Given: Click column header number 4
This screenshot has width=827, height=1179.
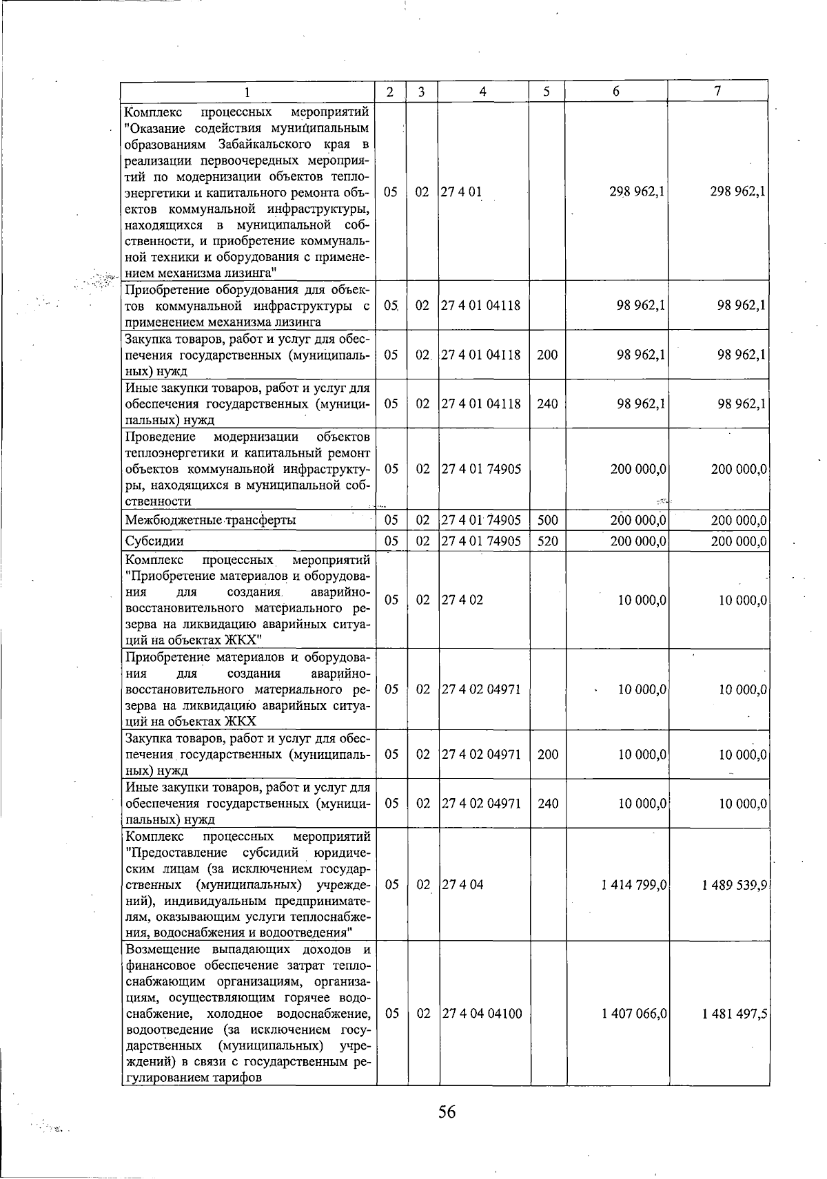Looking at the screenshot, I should pos(483,92).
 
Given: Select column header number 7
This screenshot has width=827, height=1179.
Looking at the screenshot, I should pos(717,92).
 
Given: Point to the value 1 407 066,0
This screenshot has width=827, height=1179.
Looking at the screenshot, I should pos(633,1014).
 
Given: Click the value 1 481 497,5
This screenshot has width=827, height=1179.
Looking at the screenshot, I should pos(735,1014).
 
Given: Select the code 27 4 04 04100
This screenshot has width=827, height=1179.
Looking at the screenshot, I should pos(482,1014).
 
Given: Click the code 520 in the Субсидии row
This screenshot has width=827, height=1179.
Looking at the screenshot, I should pos(547,541).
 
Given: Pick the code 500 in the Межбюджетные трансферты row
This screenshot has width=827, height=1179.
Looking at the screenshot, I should pos(547,521).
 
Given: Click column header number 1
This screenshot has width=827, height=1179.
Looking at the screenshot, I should pos(247,92).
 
